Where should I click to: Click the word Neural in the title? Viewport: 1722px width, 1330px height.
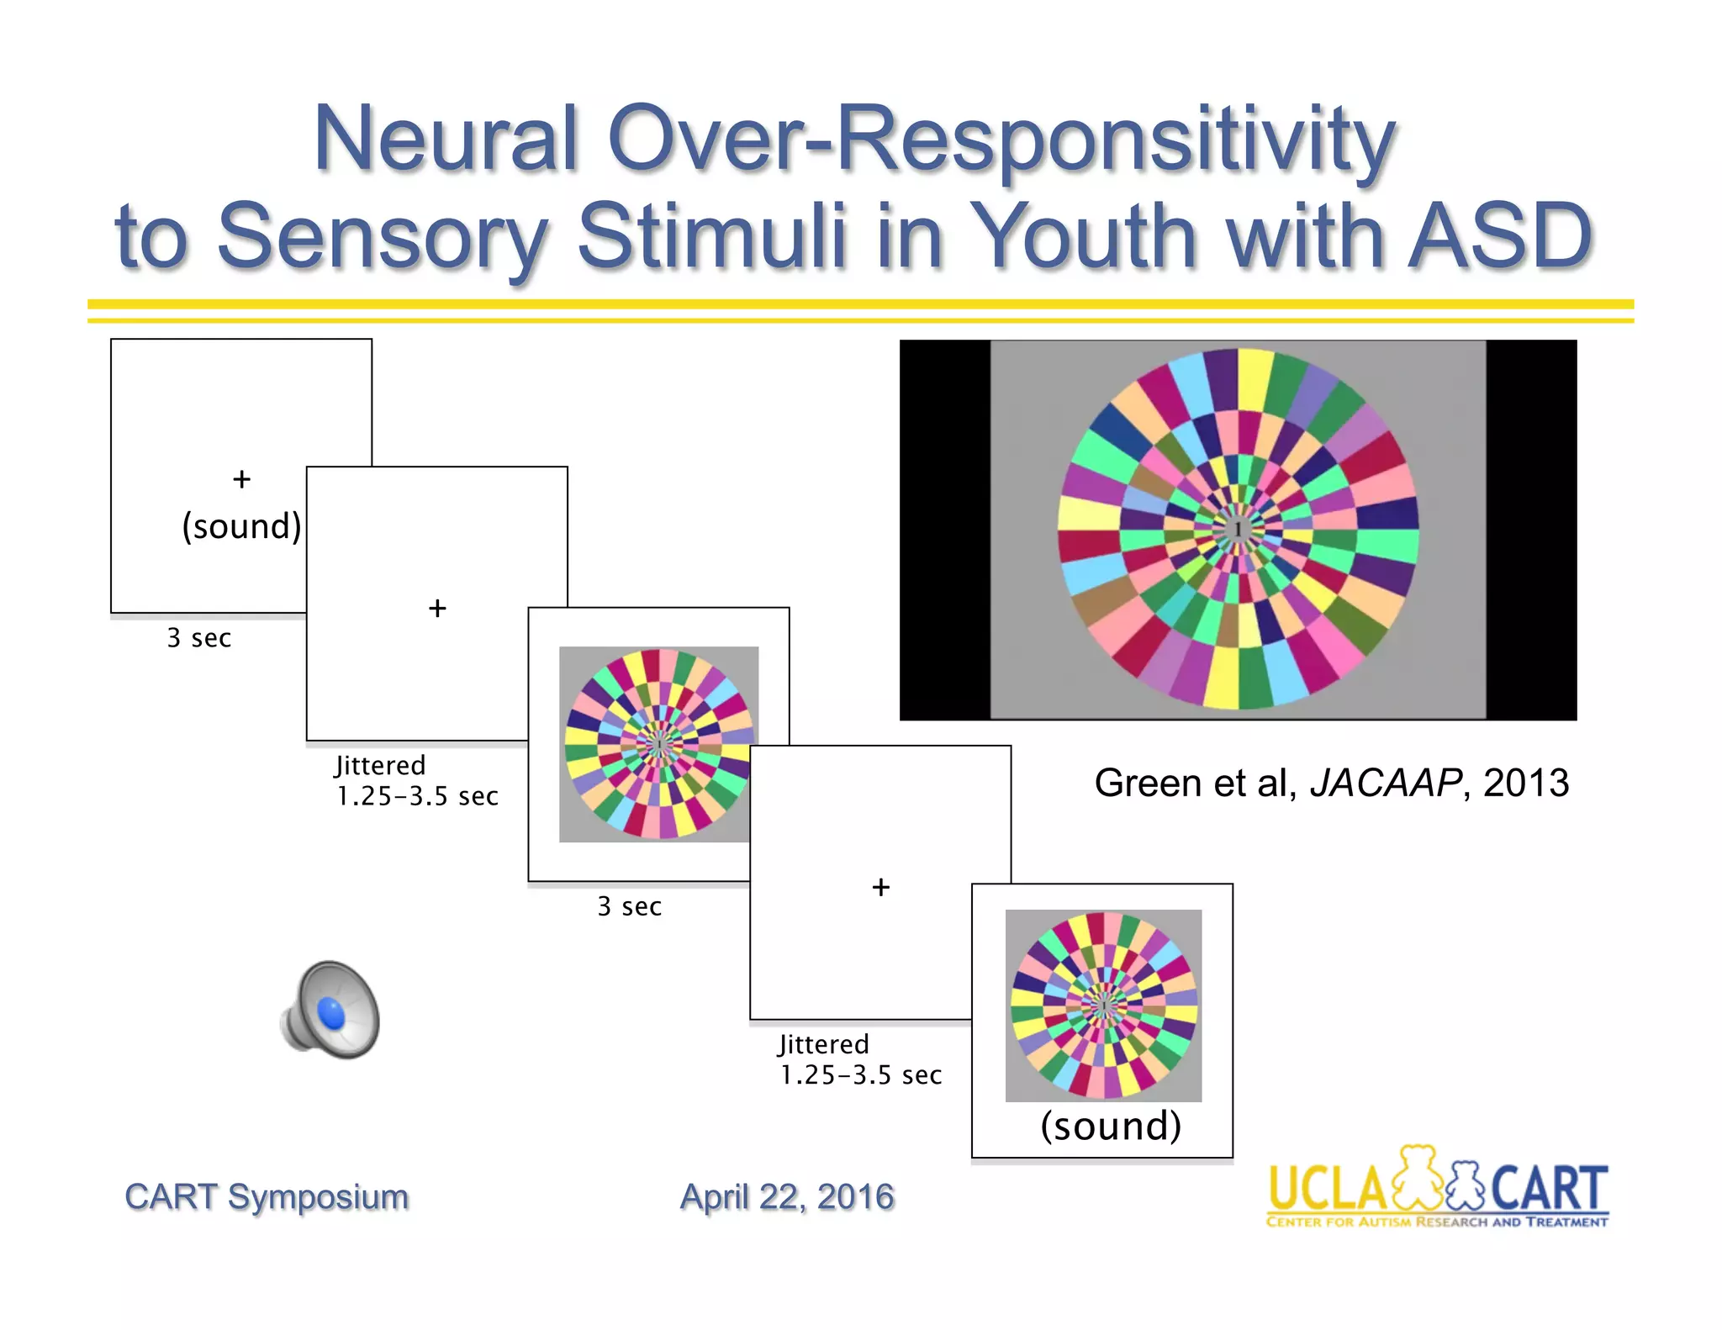pos(446,139)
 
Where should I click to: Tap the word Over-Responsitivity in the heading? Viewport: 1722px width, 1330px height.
pos(1001,139)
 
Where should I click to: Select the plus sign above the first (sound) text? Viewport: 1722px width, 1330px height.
pos(241,479)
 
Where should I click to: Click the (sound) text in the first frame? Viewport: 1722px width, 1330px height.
pos(241,526)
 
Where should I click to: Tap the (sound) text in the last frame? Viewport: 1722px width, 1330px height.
pos(1110,1126)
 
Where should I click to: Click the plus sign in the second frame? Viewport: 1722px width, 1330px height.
pos(437,608)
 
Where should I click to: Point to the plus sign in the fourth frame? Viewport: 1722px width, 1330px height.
pos(880,887)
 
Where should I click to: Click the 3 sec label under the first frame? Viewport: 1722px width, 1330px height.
pos(198,638)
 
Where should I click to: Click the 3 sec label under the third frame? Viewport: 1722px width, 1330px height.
pos(629,906)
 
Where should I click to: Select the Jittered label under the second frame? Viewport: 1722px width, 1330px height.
pos(380,765)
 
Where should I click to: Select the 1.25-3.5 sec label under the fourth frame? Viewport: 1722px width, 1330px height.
pos(860,1075)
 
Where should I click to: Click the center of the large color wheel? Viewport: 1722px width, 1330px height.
pos(1238,529)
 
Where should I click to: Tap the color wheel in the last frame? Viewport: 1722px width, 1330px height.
pos(1103,1005)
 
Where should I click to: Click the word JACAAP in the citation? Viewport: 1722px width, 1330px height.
pos(1386,783)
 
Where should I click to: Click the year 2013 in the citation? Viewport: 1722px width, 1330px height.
pos(1525,783)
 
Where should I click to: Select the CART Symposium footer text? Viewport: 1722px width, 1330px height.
pos(267,1196)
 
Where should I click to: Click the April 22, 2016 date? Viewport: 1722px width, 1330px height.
pos(787,1196)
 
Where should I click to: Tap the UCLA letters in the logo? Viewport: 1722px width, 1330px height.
pos(1326,1189)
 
